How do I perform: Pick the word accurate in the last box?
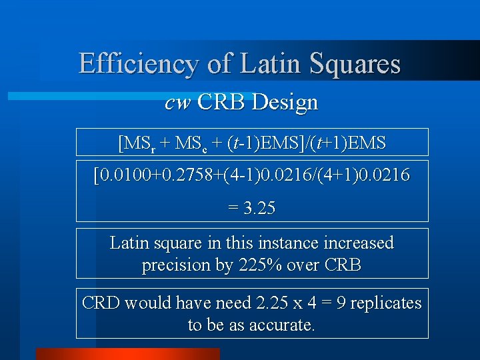coord(280,325)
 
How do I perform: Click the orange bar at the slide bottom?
coord(127,354)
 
